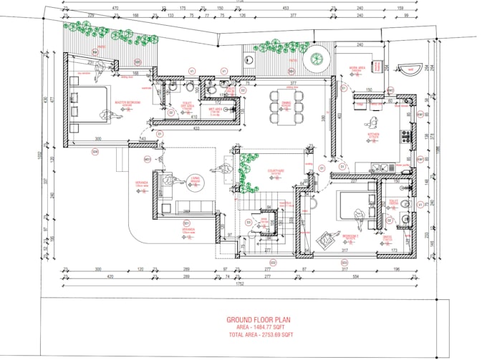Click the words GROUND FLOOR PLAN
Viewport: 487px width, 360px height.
click(x=259, y=320)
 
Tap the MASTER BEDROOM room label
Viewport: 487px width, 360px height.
click(x=127, y=103)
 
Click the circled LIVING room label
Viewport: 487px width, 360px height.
click(x=193, y=180)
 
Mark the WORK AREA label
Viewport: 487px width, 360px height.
click(x=357, y=69)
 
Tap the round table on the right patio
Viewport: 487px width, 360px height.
click(x=315, y=62)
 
